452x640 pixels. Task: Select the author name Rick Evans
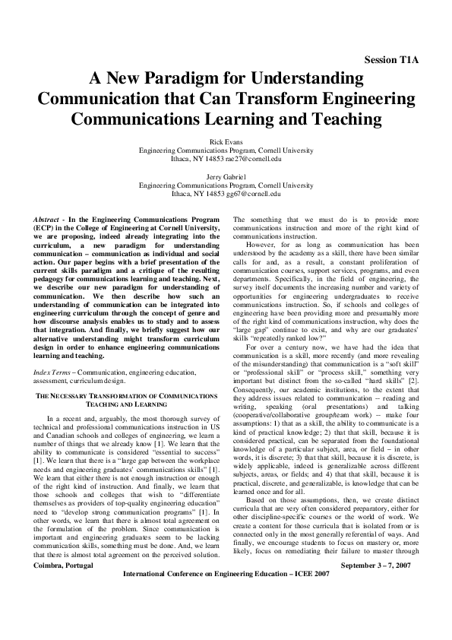coord(226,141)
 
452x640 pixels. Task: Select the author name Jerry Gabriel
coord(226,177)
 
